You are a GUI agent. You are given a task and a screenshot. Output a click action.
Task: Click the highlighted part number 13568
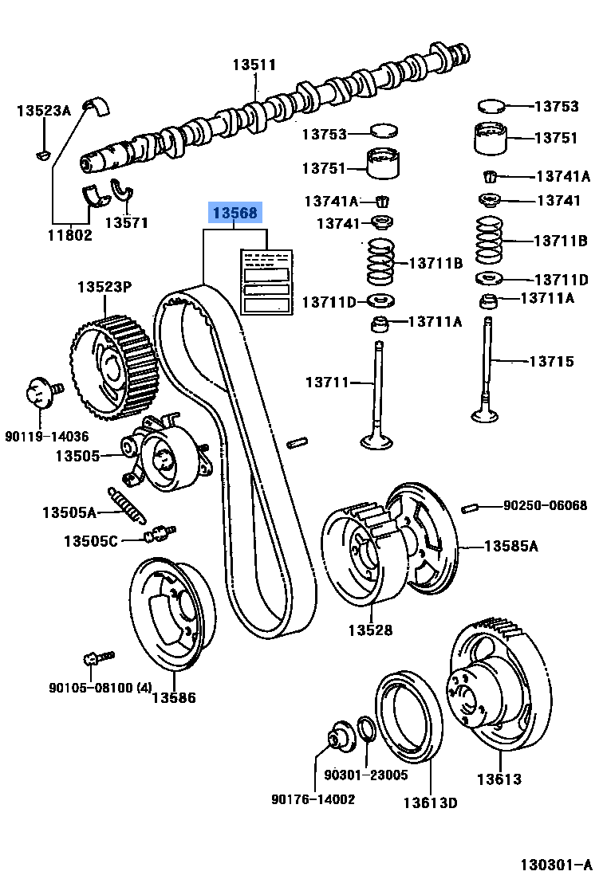point(235,213)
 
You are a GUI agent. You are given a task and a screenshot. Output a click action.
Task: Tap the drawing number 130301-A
point(556,865)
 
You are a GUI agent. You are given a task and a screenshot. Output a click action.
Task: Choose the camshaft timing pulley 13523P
point(112,366)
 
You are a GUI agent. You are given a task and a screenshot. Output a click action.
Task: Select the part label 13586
point(174,698)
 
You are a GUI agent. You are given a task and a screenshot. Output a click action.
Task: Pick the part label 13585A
point(511,546)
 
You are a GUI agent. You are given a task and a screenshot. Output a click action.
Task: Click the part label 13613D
point(430,803)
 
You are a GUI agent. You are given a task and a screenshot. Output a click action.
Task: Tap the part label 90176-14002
point(313,799)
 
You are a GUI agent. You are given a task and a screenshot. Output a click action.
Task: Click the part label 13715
point(551,361)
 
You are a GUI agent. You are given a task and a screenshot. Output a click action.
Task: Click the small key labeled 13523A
point(44,153)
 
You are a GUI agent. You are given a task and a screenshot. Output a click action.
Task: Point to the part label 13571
point(127,223)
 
